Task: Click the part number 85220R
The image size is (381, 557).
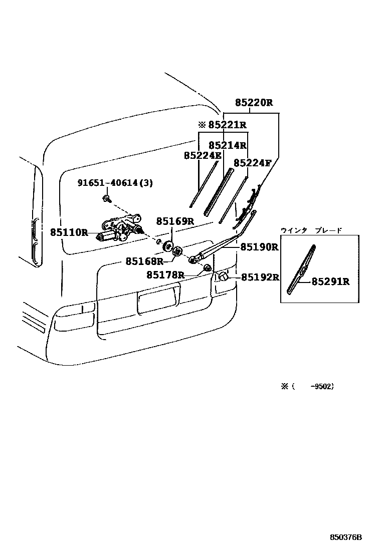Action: (254, 103)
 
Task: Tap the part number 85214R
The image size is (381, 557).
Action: (228, 145)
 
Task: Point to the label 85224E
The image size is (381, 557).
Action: (202, 156)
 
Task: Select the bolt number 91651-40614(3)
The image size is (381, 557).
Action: (115, 183)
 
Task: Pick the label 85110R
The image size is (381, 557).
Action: (69, 232)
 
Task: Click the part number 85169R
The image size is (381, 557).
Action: (174, 221)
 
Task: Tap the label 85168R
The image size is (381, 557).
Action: (144, 261)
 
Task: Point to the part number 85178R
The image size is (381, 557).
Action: (165, 275)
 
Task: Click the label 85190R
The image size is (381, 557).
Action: (259, 247)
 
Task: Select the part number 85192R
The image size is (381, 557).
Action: (260, 277)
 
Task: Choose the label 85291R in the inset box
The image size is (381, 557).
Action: (330, 282)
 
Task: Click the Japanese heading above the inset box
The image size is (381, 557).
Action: (311, 230)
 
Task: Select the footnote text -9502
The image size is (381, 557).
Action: (321, 386)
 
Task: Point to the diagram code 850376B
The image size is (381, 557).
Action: (345, 537)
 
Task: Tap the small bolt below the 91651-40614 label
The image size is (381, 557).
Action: (107, 199)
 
